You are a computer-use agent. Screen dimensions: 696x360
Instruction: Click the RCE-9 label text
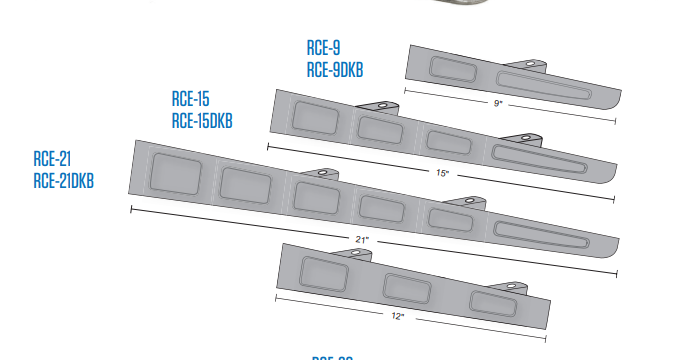coord(323,47)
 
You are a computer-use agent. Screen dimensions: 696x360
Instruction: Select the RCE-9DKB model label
coord(335,68)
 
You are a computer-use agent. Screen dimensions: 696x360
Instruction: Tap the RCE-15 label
coord(190,100)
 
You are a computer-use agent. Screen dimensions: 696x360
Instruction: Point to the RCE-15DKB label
coord(202,121)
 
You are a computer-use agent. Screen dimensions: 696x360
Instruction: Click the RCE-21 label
coord(51,158)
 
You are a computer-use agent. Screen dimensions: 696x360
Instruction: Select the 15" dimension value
coord(441,173)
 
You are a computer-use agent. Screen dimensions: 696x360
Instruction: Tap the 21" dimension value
coord(362,240)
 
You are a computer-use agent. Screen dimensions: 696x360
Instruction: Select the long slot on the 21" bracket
coord(546,237)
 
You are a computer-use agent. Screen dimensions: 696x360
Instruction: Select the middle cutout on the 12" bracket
coord(409,286)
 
